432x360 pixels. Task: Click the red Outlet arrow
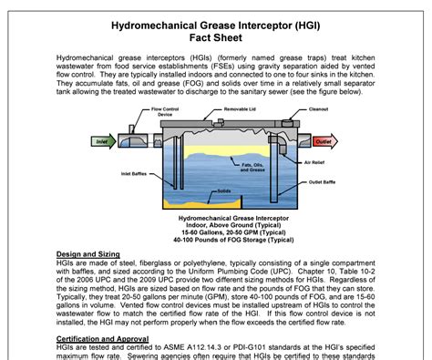click(322, 141)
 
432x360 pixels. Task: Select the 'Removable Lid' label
click(217, 108)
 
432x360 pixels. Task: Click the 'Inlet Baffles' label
click(134, 173)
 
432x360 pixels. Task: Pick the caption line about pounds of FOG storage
click(215, 241)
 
